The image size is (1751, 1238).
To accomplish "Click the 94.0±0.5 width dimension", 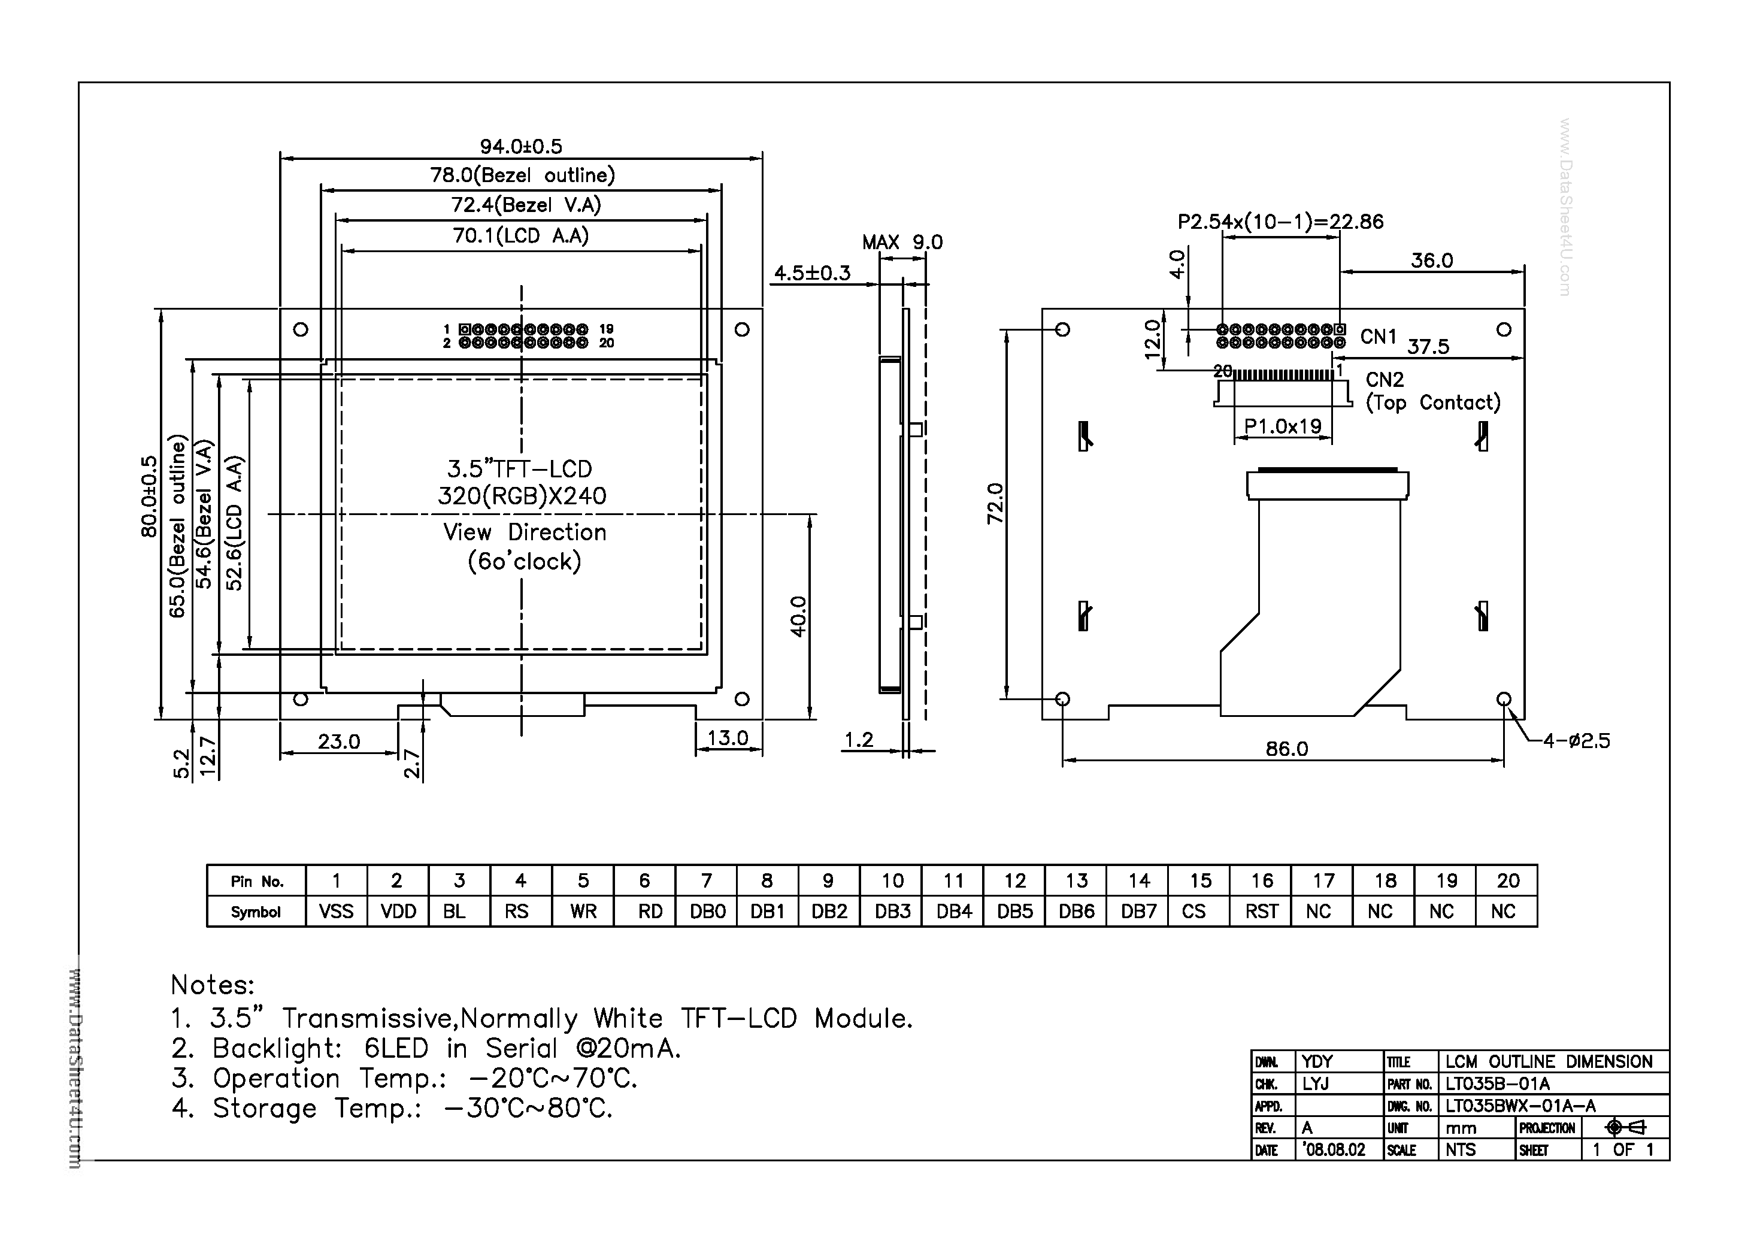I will click(x=521, y=146).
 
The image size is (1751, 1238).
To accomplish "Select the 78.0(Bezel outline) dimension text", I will click(x=522, y=175).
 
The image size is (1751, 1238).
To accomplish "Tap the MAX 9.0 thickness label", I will click(x=902, y=243).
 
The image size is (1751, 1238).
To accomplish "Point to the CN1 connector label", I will click(x=1378, y=337).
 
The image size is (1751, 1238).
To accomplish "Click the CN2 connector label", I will click(x=1384, y=380).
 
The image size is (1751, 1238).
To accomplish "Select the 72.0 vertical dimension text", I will click(x=996, y=504).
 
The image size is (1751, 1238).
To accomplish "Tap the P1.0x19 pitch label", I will click(x=1283, y=426).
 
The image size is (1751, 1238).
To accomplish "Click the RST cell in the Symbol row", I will click(x=1261, y=912).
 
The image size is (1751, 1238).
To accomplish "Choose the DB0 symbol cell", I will click(x=707, y=912).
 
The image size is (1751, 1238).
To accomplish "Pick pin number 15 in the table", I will click(x=1199, y=881).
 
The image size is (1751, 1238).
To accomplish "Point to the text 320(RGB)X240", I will click(x=522, y=496).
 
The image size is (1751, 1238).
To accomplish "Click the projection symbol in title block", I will click(x=1625, y=1127).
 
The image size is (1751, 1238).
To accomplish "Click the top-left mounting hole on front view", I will click(x=301, y=329).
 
